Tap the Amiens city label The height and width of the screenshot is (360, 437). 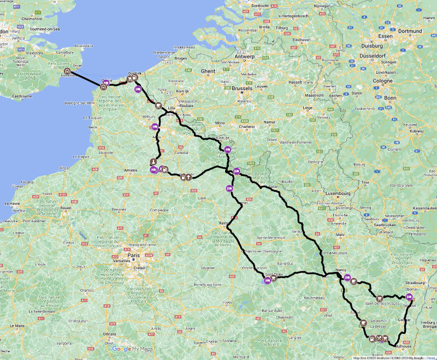[x=131, y=170]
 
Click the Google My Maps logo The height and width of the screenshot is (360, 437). [x=133, y=349]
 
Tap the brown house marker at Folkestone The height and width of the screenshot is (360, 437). [x=67, y=71]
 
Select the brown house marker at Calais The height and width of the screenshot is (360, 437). [x=103, y=86]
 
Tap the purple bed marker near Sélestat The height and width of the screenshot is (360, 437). [x=410, y=298]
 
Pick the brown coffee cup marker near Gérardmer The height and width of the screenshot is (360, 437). [x=363, y=323]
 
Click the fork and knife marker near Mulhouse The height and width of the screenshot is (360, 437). [x=380, y=339]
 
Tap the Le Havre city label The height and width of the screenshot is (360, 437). [x=13, y=203]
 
